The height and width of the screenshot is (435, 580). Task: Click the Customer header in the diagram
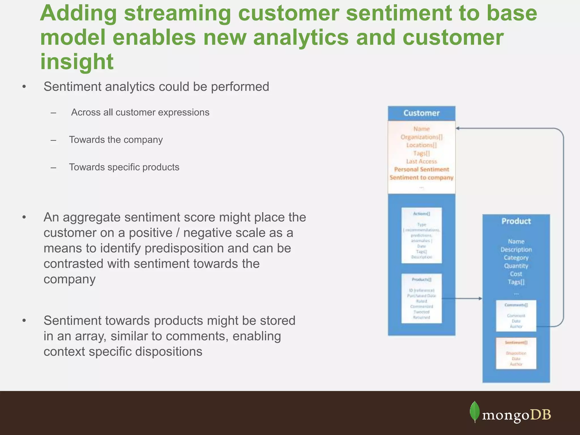(x=421, y=113)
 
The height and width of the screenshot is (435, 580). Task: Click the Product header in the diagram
(x=516, y=221)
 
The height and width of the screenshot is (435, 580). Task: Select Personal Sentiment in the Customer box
(x=421, y=169)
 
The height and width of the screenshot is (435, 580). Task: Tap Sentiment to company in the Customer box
(x=421, y=178)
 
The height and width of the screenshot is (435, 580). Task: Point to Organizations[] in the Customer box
(x=421, y=137)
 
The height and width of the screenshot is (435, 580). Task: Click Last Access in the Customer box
(x=421, y=161)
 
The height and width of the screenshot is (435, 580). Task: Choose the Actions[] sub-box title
(x=421, y=214)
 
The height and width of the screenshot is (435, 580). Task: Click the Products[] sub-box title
(x=421, y=280)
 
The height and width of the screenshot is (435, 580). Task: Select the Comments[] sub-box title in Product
(x=516, y=305)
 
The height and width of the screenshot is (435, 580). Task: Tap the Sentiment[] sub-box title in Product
(x=516, y=343)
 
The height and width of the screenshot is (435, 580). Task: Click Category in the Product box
(x=516, y=258)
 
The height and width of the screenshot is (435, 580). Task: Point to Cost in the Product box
(x=516, y=274)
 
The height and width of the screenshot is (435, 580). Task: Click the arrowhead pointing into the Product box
(x=480, y=298)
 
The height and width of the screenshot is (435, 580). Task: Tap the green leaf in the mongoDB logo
(x=475, y=411)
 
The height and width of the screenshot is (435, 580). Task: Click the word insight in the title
(x=77, y=61)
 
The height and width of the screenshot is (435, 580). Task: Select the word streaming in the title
(x=178, y=13)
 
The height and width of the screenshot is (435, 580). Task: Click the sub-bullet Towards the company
(x=116, y=140)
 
